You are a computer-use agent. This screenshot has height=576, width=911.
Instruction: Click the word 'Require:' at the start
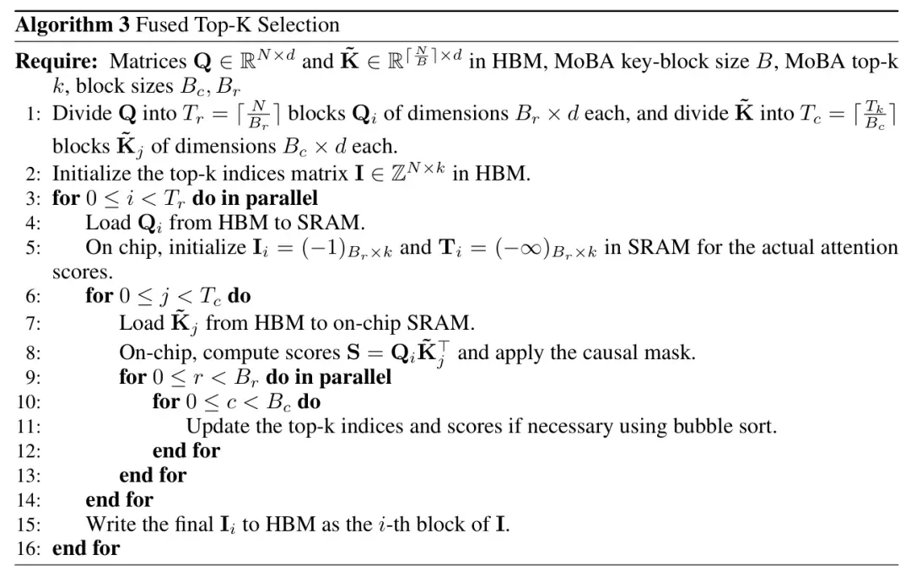coord(57,62)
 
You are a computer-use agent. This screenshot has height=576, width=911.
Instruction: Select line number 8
coord(33,353)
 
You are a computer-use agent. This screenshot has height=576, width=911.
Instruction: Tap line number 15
coord(29,525)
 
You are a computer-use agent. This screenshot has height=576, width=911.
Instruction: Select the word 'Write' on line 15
coord(108,525)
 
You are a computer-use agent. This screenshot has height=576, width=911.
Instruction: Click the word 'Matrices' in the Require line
coord(148,62)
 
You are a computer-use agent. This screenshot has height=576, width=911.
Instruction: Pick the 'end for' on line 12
coord(186,450)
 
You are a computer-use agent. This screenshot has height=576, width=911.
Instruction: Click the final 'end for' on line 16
coord(86,548)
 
